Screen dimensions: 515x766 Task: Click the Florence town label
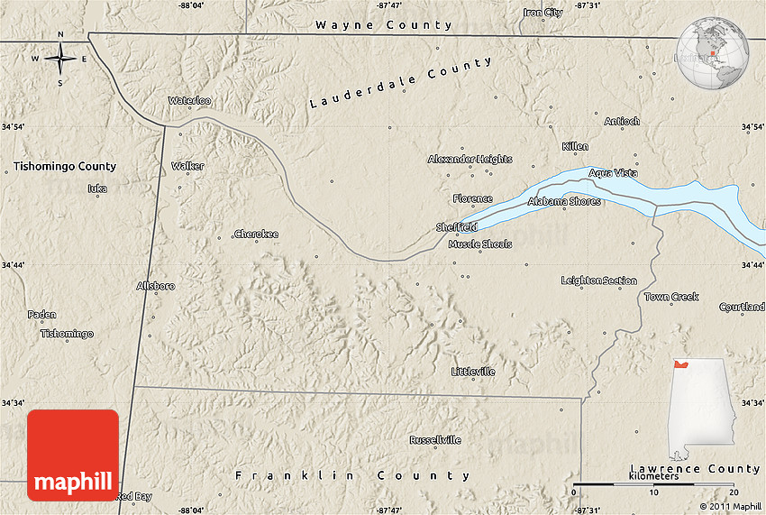(472, 198)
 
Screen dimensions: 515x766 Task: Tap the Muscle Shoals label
(479, 244)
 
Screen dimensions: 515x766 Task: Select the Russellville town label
(435, 440)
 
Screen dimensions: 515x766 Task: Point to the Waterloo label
(189, 101)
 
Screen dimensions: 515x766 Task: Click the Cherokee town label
(256, 235)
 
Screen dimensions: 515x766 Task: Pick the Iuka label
(96, 189)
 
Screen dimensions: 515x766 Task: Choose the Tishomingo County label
(65, 166)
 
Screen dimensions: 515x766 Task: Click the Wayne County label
(383, 25)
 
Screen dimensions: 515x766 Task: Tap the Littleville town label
(473, 372)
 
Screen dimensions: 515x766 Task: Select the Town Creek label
(671, 297)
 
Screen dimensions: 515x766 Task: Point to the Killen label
(575, 146)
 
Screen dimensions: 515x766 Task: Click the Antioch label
(622, 121)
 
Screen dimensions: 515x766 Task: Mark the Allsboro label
(155, 286)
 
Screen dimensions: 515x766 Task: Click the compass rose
(60, 60)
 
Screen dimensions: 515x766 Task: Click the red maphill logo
(73, 455)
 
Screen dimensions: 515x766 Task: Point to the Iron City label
(543, 13)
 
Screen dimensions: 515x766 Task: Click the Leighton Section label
(598, 280)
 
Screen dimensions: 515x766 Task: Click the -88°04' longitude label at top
(191, 5)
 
